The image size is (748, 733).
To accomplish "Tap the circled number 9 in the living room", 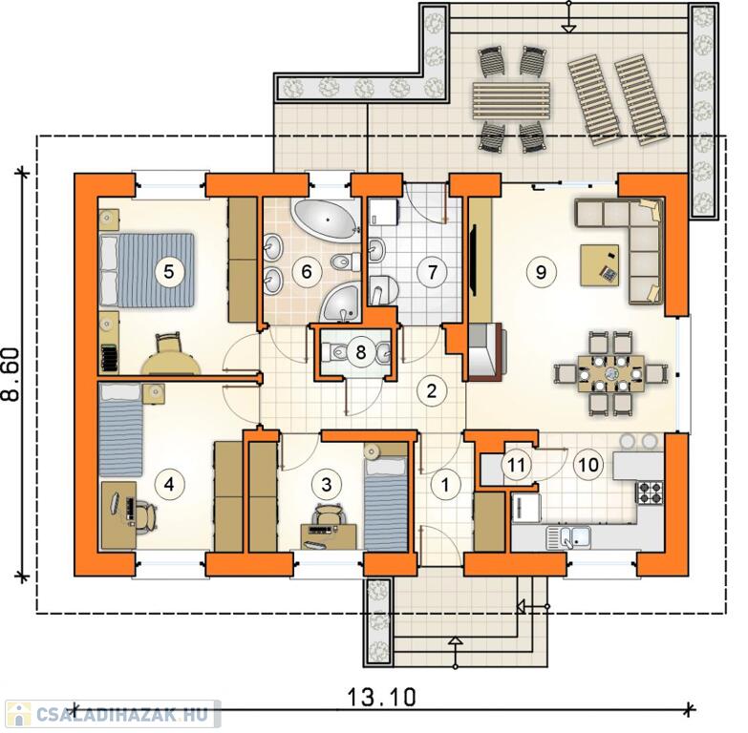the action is (x=541, y=272).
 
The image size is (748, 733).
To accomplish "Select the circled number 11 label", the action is (x=516, y=464).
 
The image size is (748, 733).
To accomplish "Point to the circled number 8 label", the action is (x=360, y=352).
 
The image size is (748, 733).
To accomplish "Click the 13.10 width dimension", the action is (x=381, y=697).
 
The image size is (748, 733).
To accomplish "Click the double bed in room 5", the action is (x=147, y=270).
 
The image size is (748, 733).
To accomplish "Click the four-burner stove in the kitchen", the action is (x=650, y=492).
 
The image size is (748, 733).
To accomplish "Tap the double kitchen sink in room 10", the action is (x=568, y=537).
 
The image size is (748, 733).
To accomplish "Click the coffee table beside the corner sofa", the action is (x=599, y=265).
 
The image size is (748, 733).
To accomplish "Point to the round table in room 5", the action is (x=170, y=366).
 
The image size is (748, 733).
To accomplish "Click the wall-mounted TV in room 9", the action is (x=473, y=262).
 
